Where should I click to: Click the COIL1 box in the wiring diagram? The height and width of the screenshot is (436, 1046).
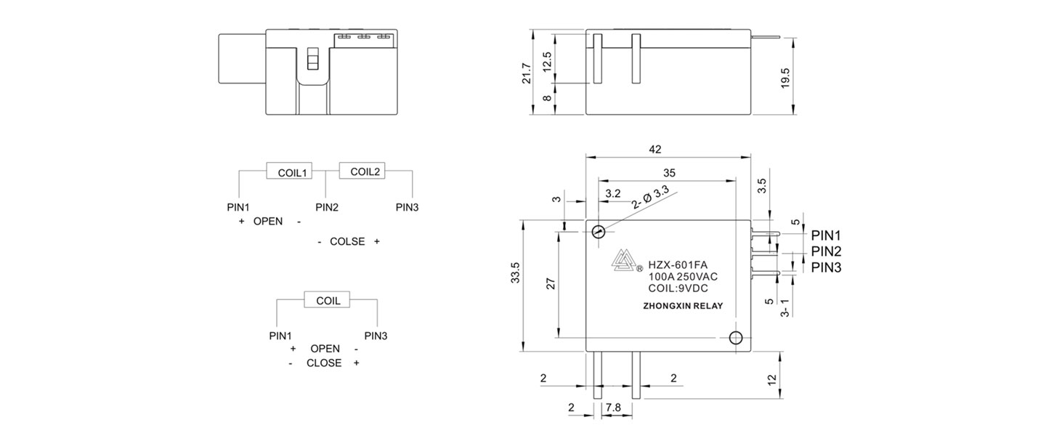(x=290, y=172)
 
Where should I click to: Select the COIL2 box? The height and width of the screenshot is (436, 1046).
(x=365, y=171)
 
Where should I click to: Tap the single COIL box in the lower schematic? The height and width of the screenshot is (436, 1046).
(x=327, y=300)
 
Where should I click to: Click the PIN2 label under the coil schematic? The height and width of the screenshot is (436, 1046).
(x=327, y=207)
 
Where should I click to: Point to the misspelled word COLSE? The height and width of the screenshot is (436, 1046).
(x=347, y=241)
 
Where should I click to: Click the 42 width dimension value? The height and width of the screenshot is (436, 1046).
(x=655, y=149)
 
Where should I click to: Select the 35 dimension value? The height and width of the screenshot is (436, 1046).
(x=670, y=172)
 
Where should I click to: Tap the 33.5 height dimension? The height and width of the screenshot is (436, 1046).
(x=516, y=272)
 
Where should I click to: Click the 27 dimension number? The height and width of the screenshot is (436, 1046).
(x=550, y=283)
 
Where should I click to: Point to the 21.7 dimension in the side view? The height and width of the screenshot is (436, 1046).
(x=527, y=73)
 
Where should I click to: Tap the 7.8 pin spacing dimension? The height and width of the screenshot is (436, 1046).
(x=613, y=408)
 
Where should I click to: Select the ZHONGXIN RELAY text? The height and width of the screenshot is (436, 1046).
(x=683, y=306)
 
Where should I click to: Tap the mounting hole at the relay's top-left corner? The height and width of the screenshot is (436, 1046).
(x=598, y=232)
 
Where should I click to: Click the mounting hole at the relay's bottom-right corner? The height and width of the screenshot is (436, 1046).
(x=735, y=337)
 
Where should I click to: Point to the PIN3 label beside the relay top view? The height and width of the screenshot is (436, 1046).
(x=826, y=267)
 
